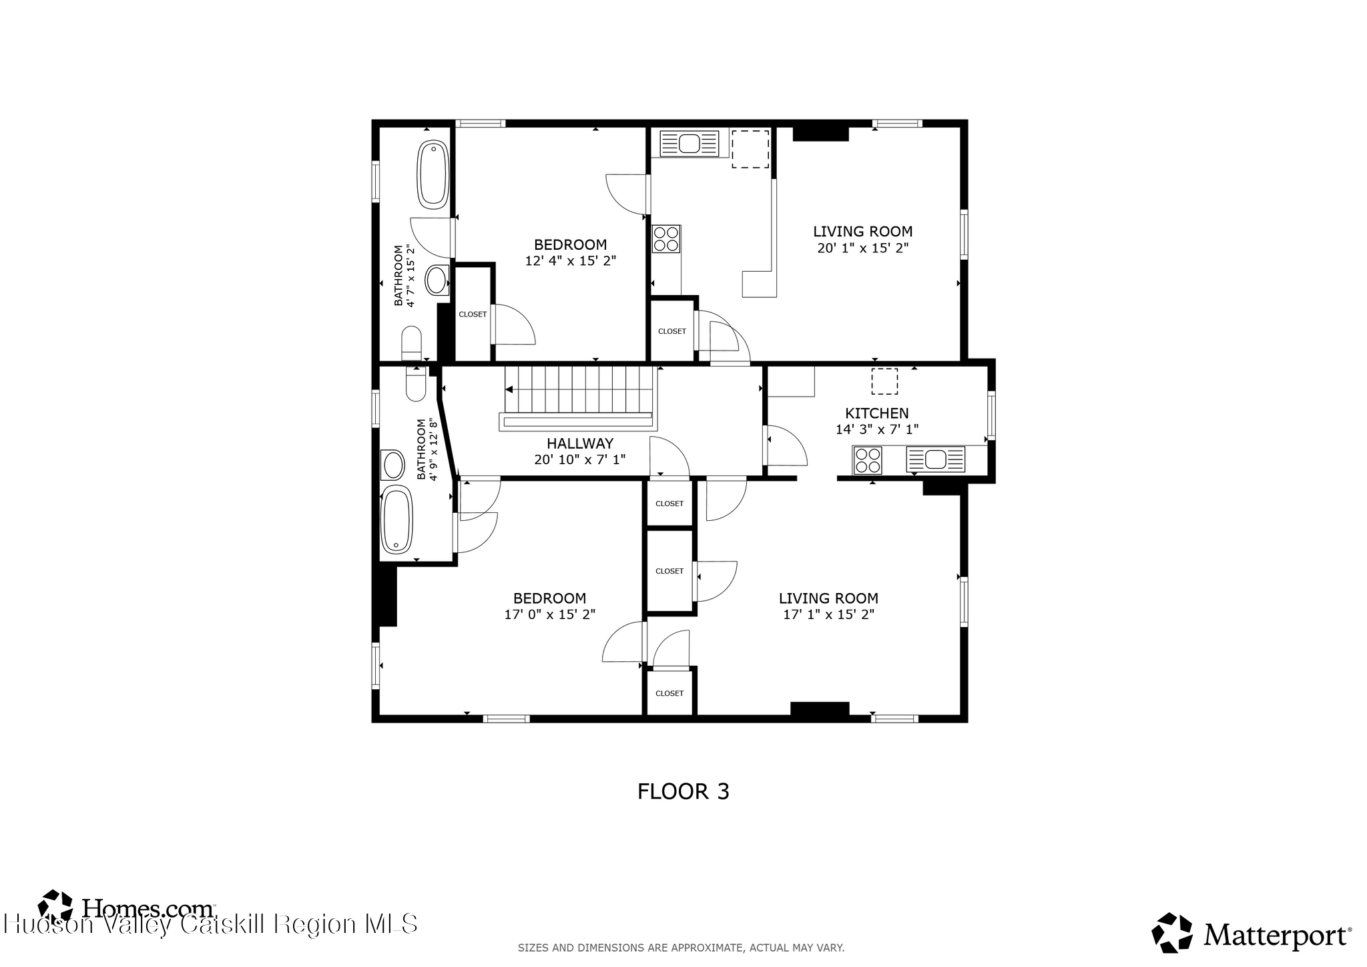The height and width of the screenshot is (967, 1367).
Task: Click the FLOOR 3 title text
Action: click(x=683, y=791)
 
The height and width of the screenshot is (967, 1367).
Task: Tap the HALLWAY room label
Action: click(x=579, y=443)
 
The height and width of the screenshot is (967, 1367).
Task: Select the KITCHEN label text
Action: click(x=876, y=413)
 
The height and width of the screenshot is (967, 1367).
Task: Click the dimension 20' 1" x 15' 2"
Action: click(x=862, y=248)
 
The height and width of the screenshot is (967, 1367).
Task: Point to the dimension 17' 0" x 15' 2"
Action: click(x=549, y=614)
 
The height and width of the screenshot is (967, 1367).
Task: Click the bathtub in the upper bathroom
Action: click(x=433, y=174)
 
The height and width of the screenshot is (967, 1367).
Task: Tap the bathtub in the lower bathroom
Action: click(x=396, y=520)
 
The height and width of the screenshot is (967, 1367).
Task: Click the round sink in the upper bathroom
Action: click(x=438, y=280)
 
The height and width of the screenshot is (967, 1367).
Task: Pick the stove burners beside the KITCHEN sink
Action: click(x=868, y=460)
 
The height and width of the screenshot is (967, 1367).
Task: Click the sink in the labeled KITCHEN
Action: click(x=936, y=459)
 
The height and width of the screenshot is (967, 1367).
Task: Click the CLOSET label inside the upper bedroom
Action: click(x=473, y=315)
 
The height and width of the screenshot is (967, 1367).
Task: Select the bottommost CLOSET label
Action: click(x=669, y=693)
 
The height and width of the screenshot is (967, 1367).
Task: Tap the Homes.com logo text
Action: click(x=148, y=908)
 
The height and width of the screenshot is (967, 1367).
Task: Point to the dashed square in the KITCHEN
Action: click(x=884, y=381)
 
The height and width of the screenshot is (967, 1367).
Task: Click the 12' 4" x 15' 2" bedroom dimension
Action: click(x=570, y=261)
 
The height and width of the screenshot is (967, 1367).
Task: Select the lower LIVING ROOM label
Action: click(x=828, y=598)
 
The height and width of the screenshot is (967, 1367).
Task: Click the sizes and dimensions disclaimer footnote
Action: click(x=681, y=948)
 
